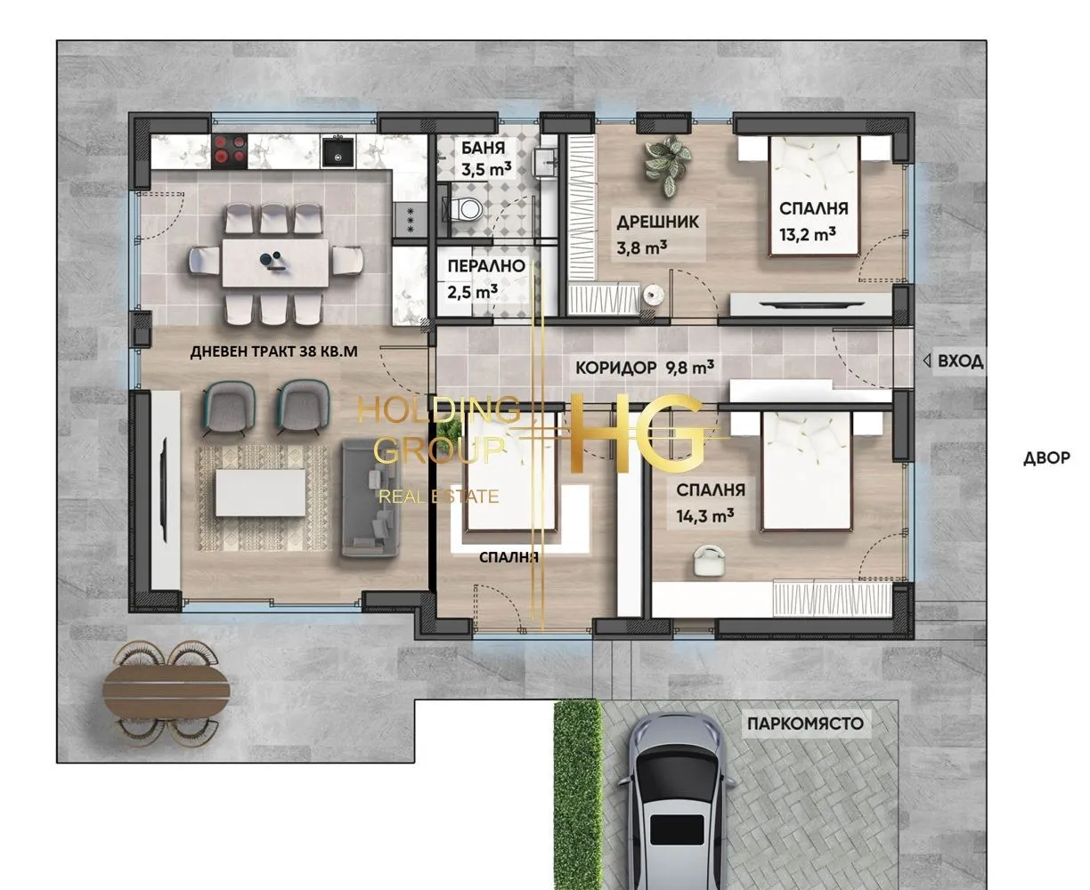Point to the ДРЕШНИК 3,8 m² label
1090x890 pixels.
point(660,234)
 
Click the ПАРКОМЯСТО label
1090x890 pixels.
point(804,723)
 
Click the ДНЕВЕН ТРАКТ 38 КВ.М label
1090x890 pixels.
point(273,352)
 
